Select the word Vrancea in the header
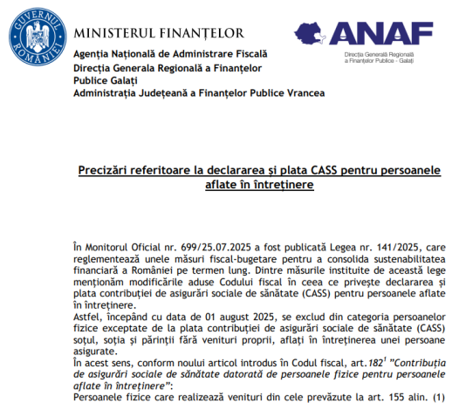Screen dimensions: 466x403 pyautogui.click(x=303, y=92)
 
